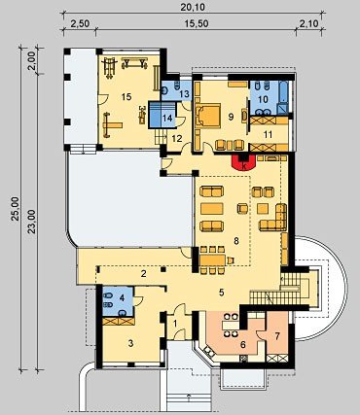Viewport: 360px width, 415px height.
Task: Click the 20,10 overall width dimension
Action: tap(193, 7)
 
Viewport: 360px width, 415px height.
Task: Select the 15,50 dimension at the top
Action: tap(197, 23)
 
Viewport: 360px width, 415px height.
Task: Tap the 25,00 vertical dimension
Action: tap(16, 209)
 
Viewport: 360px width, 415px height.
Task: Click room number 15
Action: tap(126, 96)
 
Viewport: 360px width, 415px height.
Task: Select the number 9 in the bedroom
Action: tap(231, 117)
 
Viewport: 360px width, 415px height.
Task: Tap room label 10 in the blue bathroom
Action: tap(263, 99)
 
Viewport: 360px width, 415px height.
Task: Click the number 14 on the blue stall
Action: tap(167, 119)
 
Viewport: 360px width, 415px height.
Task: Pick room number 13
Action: tap(184, 94)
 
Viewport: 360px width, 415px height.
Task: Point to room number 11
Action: tap(268, 134)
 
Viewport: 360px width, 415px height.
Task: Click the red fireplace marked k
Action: tap(244, 163)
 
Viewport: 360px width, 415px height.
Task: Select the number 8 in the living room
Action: tap(236, 241)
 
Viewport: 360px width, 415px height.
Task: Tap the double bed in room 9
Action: tap(207, 116)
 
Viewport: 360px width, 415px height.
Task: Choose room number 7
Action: tap(277, 336)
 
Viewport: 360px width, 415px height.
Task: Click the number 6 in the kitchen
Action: tap(242, 345)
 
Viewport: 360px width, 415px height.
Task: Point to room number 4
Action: tap(122, 297)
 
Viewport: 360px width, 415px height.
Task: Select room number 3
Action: tap(130, 343)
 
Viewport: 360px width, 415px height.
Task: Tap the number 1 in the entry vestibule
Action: tap(175, 323)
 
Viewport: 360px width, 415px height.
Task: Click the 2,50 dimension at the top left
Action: tap(80, 24)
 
